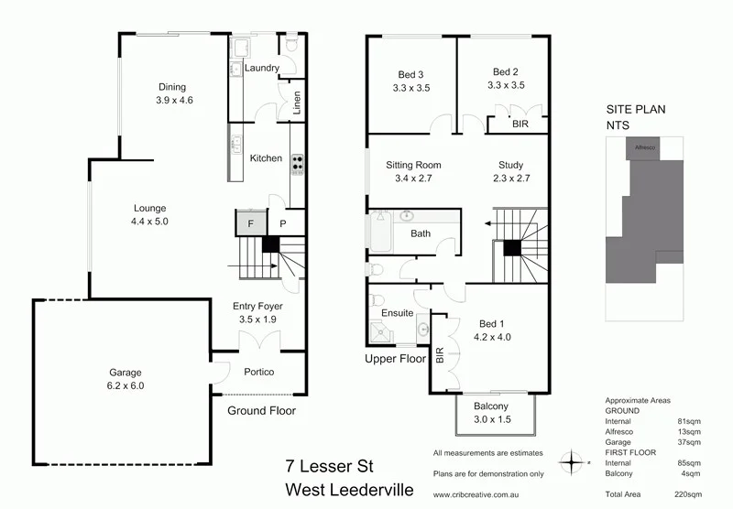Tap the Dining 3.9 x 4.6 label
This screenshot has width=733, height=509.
pos(174,92)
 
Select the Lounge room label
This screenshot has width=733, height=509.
pos(149,214)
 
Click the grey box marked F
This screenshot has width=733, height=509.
pos(246,221)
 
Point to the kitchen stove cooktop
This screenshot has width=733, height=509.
pos(297,163)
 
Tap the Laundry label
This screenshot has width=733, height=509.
pos(261,69)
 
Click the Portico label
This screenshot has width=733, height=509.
pos(258,372)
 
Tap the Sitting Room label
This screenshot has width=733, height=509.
pos(413,171)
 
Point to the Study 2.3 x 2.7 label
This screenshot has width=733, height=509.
pos(510,171)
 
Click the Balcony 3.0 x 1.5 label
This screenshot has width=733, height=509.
pos(491,413)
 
